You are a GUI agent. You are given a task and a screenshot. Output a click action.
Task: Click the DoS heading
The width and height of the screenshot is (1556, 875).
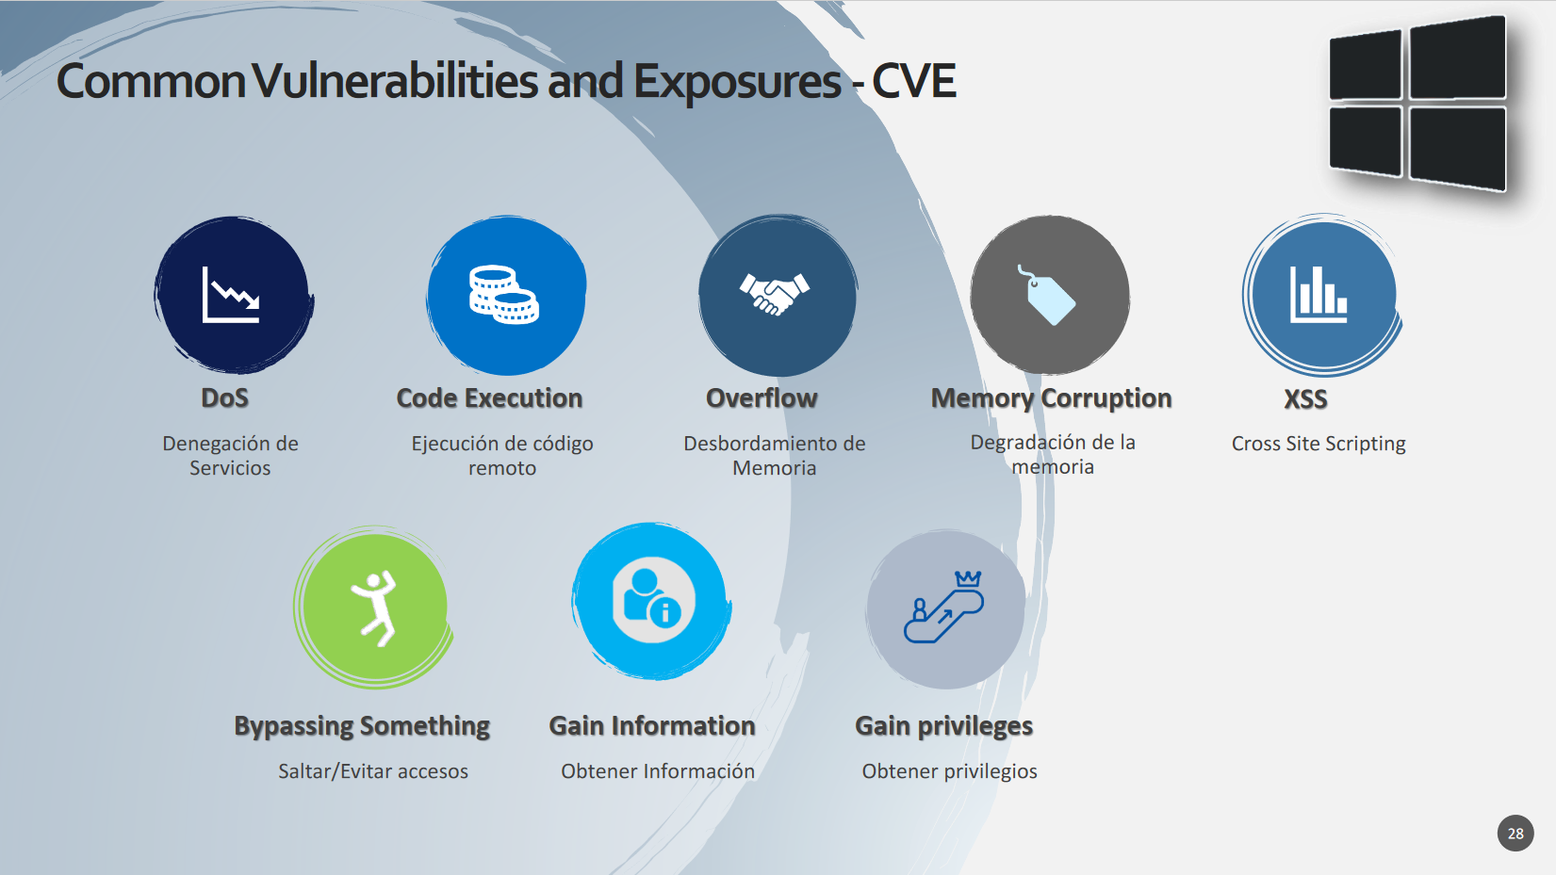tap(224, 398)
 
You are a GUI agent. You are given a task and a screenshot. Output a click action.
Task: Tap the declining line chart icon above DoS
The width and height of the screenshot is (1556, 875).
tap(231, 295)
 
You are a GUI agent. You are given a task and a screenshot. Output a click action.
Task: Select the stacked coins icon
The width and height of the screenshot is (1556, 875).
tap(504, 295)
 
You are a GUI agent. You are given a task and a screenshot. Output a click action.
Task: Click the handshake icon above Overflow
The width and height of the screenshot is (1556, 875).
tap(775, 294)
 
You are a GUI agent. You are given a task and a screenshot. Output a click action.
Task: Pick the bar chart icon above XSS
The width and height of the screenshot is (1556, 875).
tap(1319, 295)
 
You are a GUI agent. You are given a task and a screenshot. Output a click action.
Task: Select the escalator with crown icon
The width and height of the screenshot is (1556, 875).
tap(943, 607)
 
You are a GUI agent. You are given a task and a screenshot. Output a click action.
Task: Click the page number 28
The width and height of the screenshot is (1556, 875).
tap(1515, 834)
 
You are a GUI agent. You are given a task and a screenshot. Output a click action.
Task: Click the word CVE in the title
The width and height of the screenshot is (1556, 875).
tap(914, 81)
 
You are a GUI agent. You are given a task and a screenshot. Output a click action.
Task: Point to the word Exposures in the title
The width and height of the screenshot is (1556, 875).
tap(737, 81)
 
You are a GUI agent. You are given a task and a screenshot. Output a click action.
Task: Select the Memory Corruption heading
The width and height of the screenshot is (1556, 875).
tap(1051, 398)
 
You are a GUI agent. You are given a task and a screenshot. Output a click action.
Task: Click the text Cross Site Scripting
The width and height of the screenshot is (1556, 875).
tap(1319, 444)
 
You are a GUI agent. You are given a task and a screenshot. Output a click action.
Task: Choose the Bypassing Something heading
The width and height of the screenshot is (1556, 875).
tap(362, 726)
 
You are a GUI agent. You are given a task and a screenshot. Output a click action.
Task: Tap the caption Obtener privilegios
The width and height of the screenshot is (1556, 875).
tap(950, 771)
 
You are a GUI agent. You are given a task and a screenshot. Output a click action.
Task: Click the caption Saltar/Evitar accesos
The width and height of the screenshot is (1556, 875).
tap(373, 771)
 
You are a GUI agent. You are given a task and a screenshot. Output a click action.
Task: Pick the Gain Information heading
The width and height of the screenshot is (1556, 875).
tap(652, 726)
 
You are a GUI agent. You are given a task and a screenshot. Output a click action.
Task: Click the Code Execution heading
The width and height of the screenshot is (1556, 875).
tap(490, 398)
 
